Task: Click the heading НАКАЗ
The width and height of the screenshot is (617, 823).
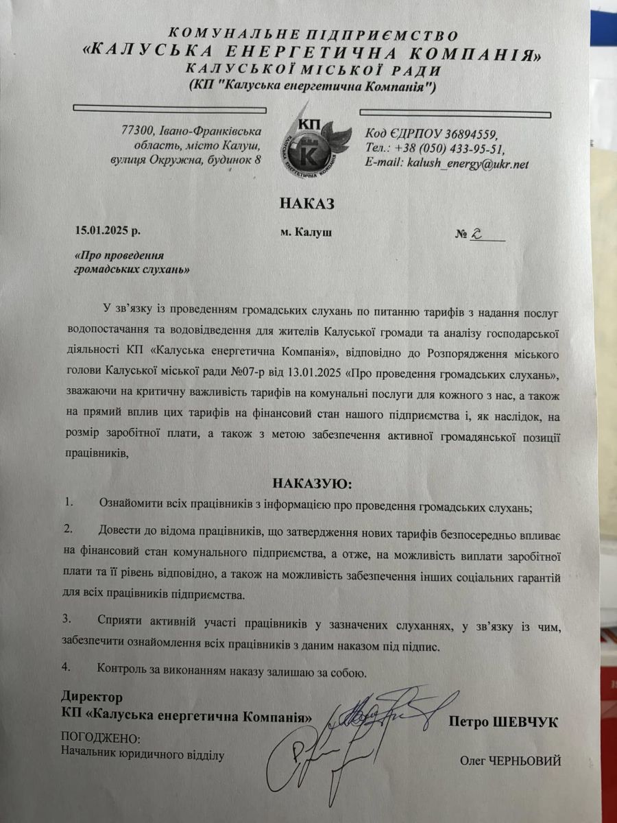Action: click(x=306, y=203)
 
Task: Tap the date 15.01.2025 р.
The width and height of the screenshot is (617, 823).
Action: click(x=110, y=232)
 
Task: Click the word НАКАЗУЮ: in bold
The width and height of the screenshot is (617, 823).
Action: click(x=312, y=484)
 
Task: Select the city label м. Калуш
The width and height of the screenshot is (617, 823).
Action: click(x=306, y=232)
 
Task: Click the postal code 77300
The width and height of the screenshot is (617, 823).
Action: click(x=136, y=130)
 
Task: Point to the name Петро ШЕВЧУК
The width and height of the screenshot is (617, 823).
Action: click(x=504, y=721)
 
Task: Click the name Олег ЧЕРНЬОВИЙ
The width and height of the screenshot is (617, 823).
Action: click(x=511, y=761)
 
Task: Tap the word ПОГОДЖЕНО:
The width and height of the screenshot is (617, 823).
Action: click(x=100, y=739)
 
